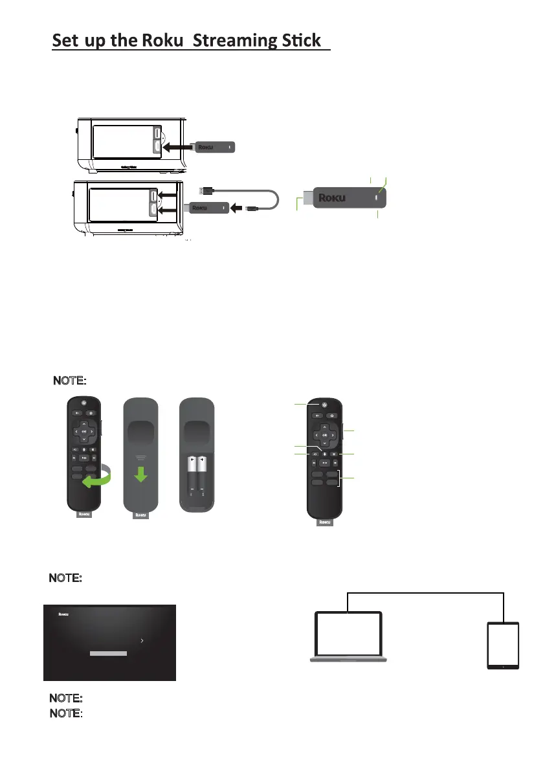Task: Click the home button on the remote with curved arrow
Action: pos(92,412)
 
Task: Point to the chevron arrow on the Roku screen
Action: pos(142,640)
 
